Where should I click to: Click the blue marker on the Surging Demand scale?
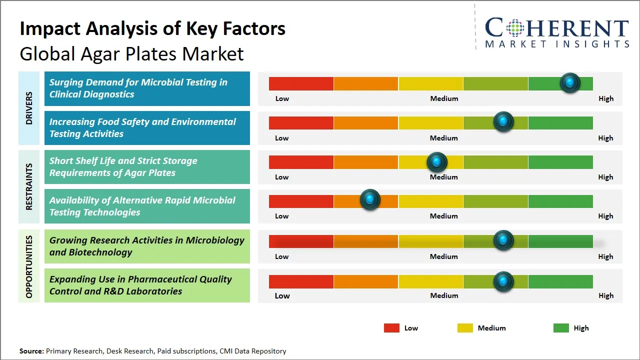point(570,83)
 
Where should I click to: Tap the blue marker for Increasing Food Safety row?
point(503,122)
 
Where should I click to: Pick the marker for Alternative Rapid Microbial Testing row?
point(370,200)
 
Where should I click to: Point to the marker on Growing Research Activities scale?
point(503,240)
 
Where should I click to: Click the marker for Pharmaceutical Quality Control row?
point(503,281)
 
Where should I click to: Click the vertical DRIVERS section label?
point(29,108)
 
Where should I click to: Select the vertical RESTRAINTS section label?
point(29,186)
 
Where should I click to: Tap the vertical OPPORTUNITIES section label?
point(29,266)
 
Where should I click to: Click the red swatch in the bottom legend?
point(391,328)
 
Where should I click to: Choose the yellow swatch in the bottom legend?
point(465,328)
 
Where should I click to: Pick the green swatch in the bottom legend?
point(561,328)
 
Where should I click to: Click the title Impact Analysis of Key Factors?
point(152,29)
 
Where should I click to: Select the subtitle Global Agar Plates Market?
point(131,54)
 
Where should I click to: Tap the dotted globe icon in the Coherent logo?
point(514,28)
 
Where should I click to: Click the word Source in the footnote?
point(31,351)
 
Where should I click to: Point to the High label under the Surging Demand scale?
point(605,98)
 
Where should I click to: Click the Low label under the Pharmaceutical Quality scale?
point(282,295)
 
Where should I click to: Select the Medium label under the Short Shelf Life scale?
point(444,177)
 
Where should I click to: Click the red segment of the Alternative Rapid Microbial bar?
point(301,201)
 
